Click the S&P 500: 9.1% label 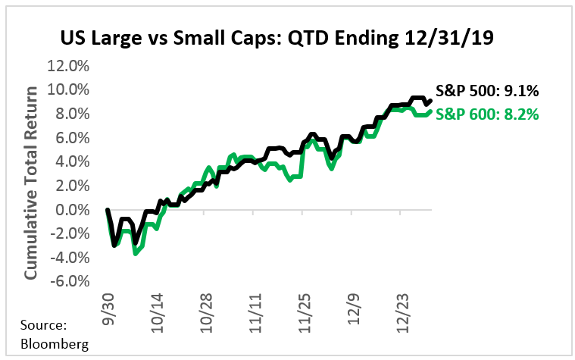tap(487, 92)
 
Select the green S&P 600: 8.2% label tap(487, 115)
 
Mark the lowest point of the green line tap(135, 252)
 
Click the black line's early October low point tap(114, 245)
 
